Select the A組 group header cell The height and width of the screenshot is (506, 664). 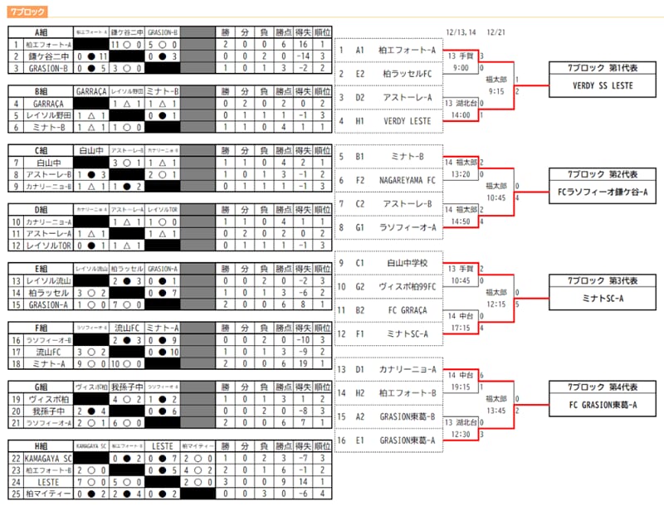point(41,32)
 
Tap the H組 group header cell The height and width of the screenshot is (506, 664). point(41,445)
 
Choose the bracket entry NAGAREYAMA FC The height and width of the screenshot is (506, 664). point(407,179)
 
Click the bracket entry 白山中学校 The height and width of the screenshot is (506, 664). point(407,263)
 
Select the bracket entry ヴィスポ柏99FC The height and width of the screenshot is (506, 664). point(407,286)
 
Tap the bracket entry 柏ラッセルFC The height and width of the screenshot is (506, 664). point(407,74)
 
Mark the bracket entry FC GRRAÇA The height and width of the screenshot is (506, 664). point(407,310)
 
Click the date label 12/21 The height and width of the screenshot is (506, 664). point(496,32)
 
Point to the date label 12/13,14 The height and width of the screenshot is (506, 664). point(461,32)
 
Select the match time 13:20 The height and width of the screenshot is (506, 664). point(461,175)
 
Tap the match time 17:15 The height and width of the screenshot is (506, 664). point(461,328)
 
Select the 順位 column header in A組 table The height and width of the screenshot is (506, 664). point(323,32)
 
